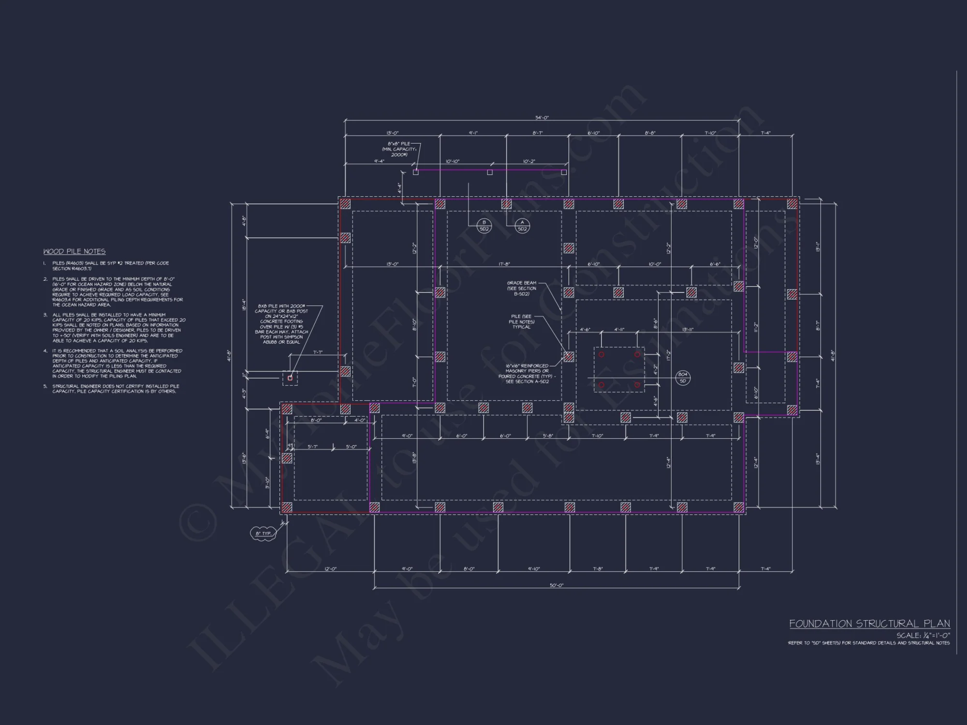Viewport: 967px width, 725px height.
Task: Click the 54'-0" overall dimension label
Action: tap(542, 117)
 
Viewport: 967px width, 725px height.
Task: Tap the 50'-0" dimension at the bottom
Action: tap(557, 585)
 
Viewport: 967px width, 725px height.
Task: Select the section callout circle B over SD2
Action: tap(484, 225)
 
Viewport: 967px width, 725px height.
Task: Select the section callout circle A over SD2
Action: tap(522, 225)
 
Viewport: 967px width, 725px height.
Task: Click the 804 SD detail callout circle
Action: tap(683, 377)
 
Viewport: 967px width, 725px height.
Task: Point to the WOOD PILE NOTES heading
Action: tap(74, 251)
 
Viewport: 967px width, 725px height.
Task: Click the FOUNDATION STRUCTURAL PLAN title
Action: tap(869, 623)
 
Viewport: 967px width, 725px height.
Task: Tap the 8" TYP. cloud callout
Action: tap(264, 533)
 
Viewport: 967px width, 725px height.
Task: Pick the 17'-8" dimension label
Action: tap(504, 264)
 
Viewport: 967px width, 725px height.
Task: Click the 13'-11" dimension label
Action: tap(688, 329)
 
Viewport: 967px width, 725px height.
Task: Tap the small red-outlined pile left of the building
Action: tap(290, 378)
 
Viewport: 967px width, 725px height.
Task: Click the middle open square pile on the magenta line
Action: tap(490, 172)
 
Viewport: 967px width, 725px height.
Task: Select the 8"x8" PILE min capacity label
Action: tap(399, 149)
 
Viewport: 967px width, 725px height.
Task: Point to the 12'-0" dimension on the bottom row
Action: tap(330, 569)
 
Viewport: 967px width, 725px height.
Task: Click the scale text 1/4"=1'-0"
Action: tap(923, 635)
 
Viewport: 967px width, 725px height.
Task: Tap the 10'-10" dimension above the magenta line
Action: tap(453, 161)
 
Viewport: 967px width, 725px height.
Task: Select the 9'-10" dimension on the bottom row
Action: tap(533, 569)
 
